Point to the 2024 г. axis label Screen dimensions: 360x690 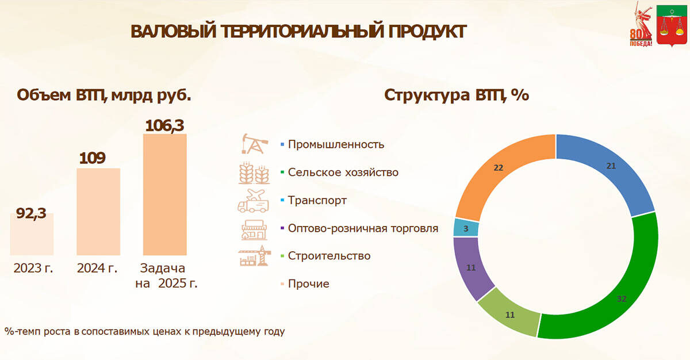click(x=98, y=268)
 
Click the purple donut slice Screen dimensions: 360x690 click(x=472, y=268)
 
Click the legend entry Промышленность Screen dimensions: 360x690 click(x=336, y=144)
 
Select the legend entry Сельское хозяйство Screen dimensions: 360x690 click(x=343, y=173)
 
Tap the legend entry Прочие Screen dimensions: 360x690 click(x=308, y=284)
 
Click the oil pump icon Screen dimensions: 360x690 click(x=254, y=144)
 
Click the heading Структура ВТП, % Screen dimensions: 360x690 click(x=457, y=94)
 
